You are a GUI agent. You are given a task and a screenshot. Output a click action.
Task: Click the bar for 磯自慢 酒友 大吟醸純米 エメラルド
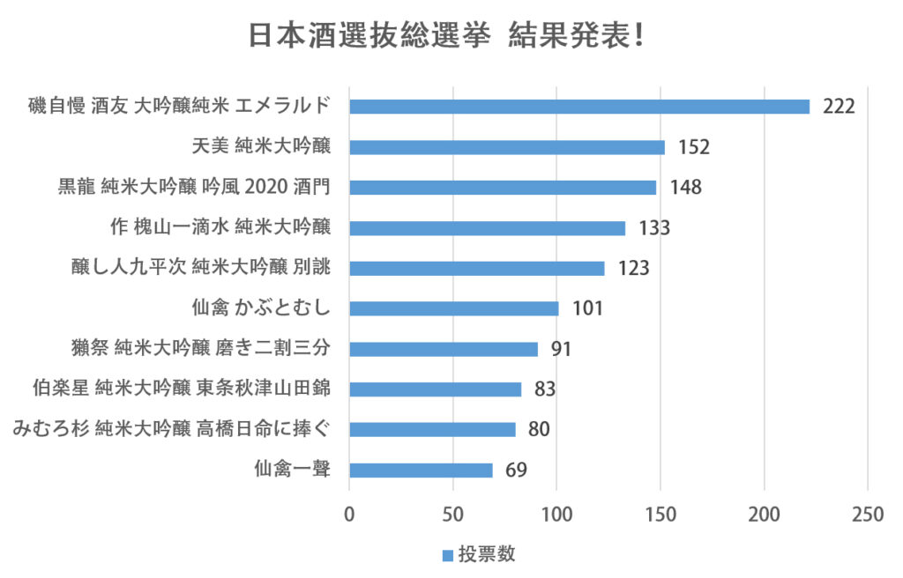click(x=578, y=107)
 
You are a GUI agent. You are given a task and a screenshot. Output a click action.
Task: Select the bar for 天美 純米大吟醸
click(x=506, y=147)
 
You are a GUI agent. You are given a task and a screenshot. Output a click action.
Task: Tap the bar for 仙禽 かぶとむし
click(x=453, y=308)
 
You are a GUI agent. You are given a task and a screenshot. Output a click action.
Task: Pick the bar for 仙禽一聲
click(x=421, y=471)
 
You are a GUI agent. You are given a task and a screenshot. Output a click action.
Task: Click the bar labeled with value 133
click(x=487, y=228)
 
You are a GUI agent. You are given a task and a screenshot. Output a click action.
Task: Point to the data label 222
click(x=839, y=107)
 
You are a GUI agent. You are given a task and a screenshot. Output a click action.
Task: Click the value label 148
click(x=684, y=188)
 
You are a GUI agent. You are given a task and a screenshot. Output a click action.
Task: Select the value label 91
click(x=562, y=349)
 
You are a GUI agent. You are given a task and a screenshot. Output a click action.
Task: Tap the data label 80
click(x=540, y=430)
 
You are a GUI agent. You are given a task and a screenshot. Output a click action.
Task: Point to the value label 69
click(x=516, y=471)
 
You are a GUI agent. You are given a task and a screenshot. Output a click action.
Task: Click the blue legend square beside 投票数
click(x=447, y=555)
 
